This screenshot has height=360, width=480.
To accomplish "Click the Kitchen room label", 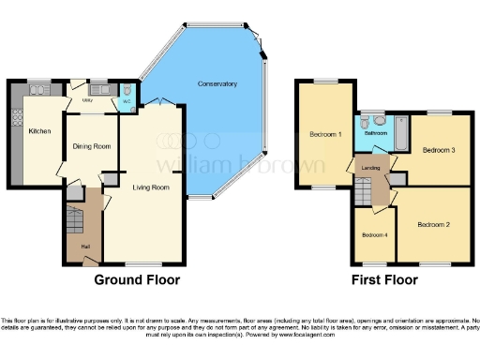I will pyautogui.click(x=38, y=131).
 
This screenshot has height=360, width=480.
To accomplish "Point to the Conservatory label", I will pyautogui.click(x=217, y=84).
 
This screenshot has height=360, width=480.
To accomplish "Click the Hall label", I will pyautogui.click(x=85, y=247).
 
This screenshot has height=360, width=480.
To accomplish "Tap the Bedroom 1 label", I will pyautogui.click(x=325, y=135).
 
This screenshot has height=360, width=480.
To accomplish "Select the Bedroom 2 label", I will pyautogui.click(x=434, y=225).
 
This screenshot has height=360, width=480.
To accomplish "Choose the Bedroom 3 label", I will pyautogui.click(x=438, y=150).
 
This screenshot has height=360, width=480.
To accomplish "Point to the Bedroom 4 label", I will pyautogui.click(x=374, y=233).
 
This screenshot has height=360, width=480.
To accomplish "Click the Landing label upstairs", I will pyautogui.click(x=370, y=168).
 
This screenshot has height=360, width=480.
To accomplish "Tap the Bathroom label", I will pyautogui.click(x=377, y=133).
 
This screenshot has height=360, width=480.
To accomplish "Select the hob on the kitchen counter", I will pyautogui.click(x=16, y=119).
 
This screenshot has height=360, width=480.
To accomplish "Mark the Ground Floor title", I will pyautogui.click(x=137, y=279).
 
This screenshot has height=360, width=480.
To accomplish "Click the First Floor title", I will pyautogui.click(x=385, y=279).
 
